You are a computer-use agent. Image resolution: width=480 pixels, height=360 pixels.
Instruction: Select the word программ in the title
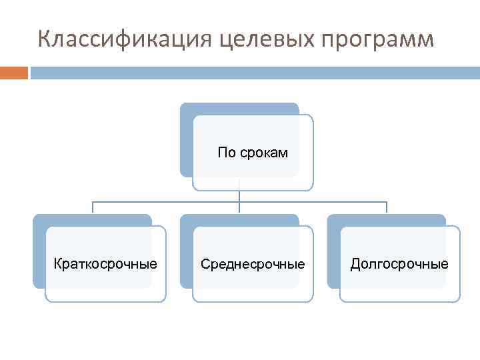[377, 39]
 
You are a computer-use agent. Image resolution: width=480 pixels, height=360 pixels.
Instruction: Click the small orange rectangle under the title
[13, 72]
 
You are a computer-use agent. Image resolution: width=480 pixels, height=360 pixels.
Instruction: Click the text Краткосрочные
[105, 264]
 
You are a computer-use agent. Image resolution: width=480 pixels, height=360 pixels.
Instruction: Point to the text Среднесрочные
[253, 265]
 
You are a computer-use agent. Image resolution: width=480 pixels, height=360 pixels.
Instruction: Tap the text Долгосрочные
[399, 265]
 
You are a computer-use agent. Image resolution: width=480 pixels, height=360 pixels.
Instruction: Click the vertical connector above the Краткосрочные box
[93, 207]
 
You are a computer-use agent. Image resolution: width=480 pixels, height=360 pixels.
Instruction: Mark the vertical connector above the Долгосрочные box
[387, 207]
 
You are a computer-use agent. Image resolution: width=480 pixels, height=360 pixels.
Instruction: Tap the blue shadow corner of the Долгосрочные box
[334, 220]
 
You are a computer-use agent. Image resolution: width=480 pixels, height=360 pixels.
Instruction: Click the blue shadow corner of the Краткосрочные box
[39, 220]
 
